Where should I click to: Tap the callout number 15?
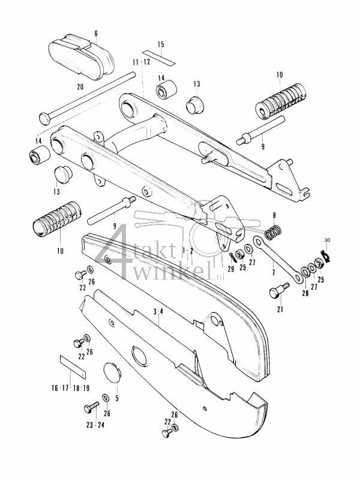(x=160, y=45)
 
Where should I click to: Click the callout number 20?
(x=80, y=87)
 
